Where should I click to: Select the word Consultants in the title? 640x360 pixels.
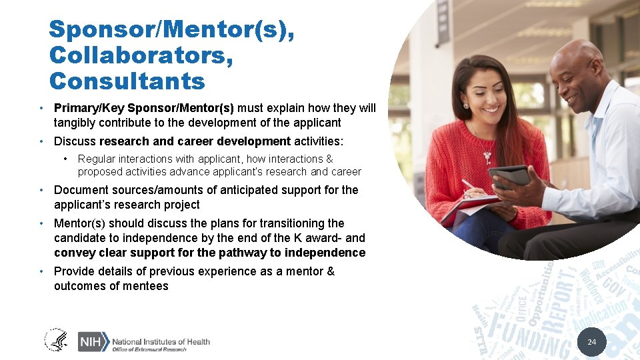pyautogui.click(x=127, y=81)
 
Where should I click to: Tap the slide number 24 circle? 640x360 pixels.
pyautogui.click(x=591, y=342)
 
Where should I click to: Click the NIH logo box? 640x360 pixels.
pyautogui.click(x=91, y=341)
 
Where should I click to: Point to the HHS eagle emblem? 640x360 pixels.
pyautogui.click(x=56, y=341)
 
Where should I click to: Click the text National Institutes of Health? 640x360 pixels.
pyautogui.click(x=161, y=341)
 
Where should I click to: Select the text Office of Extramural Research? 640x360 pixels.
pyautogui.click(x=149, y=350)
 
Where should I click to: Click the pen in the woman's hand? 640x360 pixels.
pyautogui.click(x=469, y=185)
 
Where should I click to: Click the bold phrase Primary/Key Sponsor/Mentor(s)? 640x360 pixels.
pyautogui.click(x=143, y=108)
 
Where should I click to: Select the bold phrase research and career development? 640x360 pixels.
pyautogui.click(x=195, y=141)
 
